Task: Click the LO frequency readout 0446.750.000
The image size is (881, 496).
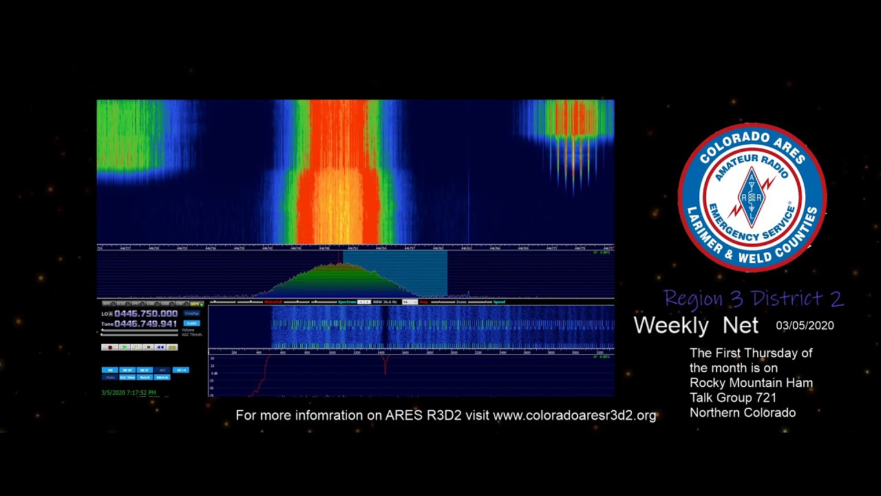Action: [146, 313]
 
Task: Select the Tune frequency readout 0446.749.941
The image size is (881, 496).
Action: [146, 324]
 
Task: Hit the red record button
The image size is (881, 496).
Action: [109, 347]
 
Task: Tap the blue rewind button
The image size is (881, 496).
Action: [160, 347]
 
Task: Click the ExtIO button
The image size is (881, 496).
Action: [192, 323]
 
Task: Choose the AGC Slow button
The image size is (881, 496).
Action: [127, 378]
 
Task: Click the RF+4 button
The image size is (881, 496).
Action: [180, 370]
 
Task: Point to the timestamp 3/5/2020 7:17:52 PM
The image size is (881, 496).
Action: [129, 393]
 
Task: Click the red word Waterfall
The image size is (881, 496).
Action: [273, 302]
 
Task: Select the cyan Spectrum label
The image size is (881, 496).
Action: [347, 302]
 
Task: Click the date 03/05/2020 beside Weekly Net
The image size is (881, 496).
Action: [805, 326]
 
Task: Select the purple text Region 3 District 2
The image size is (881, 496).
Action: [753, 298]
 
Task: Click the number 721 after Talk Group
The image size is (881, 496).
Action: [765, 398]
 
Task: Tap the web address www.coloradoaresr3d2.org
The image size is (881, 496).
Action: [575, 415]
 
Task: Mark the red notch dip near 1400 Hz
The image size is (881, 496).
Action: [385, 365]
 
